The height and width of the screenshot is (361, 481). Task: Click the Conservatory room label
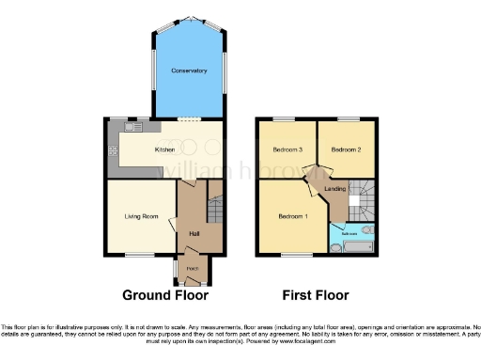click(189, 71)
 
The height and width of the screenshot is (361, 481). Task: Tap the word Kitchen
click(165, 149)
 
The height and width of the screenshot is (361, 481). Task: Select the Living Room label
click(140, 216)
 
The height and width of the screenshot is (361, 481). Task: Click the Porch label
click(193, 269)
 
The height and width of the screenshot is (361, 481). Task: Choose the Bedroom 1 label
click(292, 216)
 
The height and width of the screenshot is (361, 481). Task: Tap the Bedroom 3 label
click(287, 149)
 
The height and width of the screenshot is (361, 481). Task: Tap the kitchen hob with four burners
click(113, 150)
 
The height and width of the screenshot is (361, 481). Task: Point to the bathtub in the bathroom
click(359, 246)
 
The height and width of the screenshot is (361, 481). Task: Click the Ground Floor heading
click(165, 294)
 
